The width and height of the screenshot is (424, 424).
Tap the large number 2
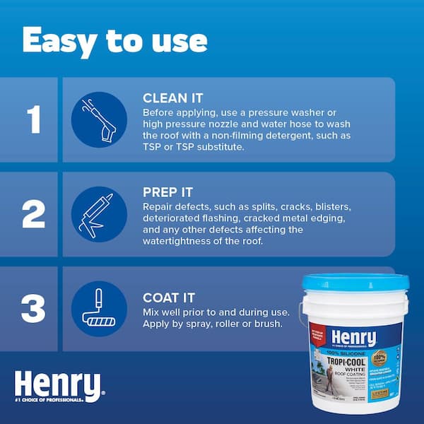tap(33, 214)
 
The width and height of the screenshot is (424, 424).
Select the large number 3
tap(33, 309)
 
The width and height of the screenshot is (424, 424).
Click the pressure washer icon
tap(100, 119)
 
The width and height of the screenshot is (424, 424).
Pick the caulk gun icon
tap(100, 214)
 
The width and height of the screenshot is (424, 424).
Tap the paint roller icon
tap(100, 309)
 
